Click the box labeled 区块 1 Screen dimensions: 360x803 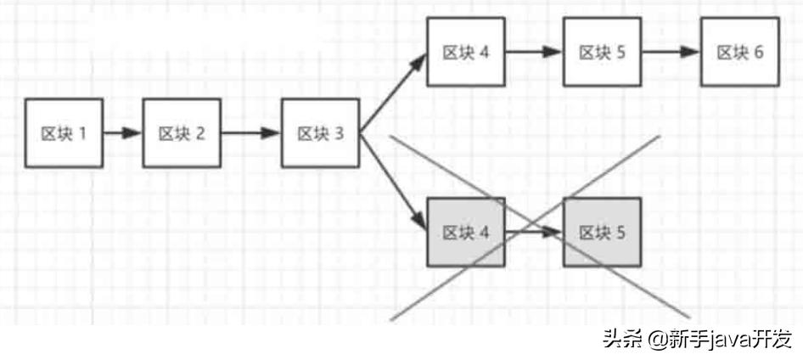tap(65, 132)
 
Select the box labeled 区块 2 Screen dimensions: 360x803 tap(182, 132)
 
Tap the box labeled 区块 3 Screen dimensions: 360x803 tap(320, 133)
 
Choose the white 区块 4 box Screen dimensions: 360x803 tap(466, 52)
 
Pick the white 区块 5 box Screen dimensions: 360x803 tap(602, 52)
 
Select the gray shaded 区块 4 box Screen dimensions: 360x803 tap(466, 232)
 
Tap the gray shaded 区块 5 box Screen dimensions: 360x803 tap(602, 232)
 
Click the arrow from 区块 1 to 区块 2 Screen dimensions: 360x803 tap(122, 133)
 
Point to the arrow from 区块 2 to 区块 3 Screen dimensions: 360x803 tap(250, 133)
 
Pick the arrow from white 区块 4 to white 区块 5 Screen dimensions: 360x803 tap(534, 52)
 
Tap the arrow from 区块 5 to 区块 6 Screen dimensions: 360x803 tap(671, 52)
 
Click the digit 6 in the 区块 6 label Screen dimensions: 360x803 tap(758, 52)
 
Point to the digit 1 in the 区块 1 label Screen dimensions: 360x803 tap(83, 133)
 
